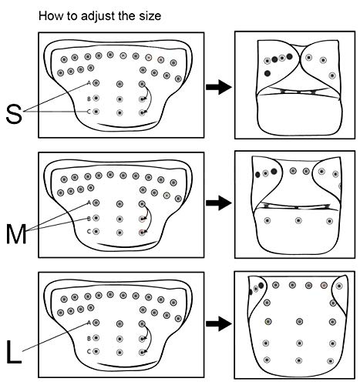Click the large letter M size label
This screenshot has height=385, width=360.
(16, 234)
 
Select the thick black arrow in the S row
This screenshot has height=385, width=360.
(219, 87)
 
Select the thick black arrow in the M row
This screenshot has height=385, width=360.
(219, 203)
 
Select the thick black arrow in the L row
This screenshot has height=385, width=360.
(219, 323)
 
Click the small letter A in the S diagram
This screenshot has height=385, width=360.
(89, 83)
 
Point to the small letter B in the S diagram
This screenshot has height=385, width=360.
(89, 99)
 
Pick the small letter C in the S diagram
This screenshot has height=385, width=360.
(89, 112)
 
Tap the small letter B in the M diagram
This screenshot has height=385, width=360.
(89, 219)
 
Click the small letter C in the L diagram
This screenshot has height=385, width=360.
(89, 351)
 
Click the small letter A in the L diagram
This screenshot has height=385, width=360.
(89, 323)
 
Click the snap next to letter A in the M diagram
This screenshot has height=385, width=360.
(96, 203)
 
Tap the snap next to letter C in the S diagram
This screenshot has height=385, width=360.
(96, 112)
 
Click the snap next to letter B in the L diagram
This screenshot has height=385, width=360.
(96, 338)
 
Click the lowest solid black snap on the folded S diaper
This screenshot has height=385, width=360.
(267, 73)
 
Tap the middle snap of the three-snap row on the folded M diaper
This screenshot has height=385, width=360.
(298, 220)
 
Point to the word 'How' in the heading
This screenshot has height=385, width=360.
(49, 16)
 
